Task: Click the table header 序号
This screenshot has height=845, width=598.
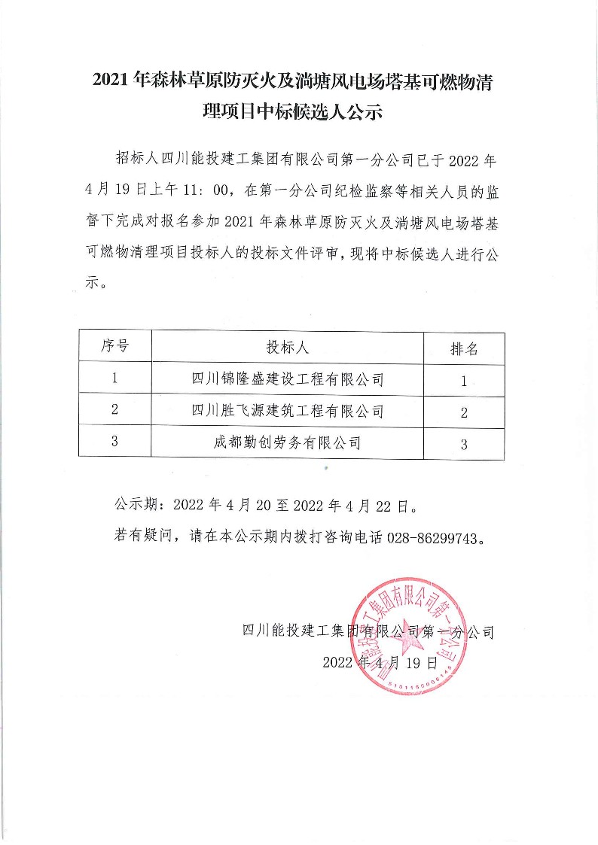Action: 114,347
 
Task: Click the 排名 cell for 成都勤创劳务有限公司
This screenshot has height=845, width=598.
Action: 464,444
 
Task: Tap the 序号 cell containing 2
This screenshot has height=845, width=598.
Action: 114,410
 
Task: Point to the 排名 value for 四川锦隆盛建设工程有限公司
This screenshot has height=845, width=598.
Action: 464,381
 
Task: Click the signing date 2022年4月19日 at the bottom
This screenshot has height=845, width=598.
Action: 380,662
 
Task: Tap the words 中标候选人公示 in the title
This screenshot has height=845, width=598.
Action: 331,113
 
